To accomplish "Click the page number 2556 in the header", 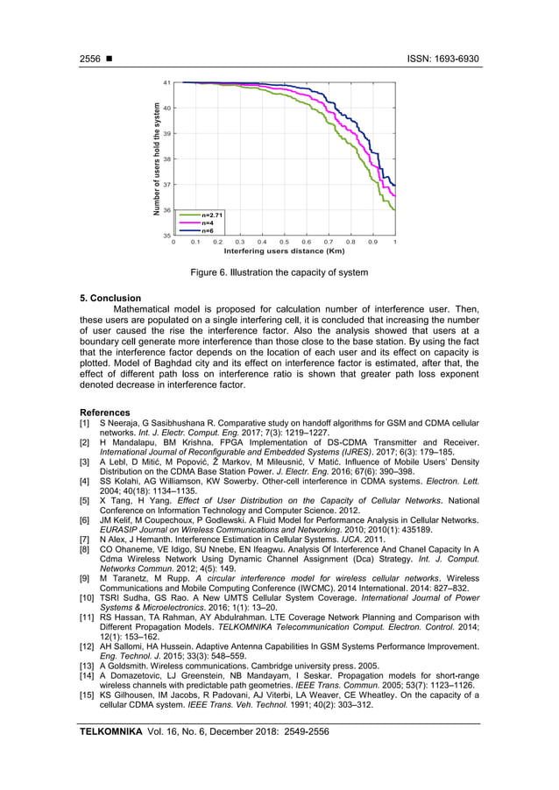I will coord(90,59).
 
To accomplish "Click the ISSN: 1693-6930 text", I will coord(443,59).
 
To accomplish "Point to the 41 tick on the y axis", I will coord(166,82).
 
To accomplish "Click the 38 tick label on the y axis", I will coord(166,159).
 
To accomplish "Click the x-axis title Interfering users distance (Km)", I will coord(284,250).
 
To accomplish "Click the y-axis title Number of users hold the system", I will coord(157,159).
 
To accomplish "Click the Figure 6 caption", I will coord(279,272).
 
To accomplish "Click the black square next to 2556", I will coord(110,60).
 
